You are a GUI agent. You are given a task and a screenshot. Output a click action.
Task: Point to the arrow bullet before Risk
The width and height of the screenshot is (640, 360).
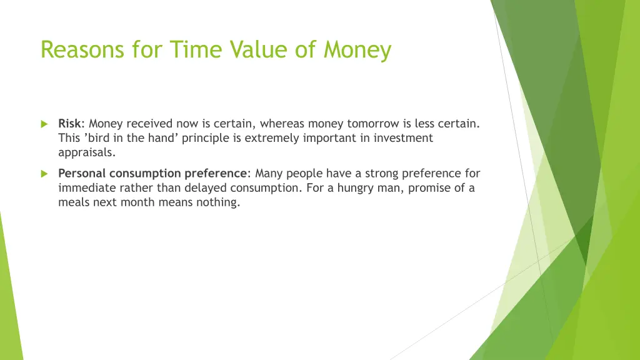[x=44, y=124]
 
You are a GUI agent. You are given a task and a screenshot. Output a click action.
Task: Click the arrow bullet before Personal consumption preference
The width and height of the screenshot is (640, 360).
[x=44, y=174]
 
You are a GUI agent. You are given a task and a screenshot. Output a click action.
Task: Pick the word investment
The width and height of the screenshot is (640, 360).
[x=403, y=138]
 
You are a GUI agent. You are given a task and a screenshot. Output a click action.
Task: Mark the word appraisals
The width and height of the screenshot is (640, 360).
[x=87, y=152]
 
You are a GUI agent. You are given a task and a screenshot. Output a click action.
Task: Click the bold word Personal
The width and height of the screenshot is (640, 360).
[x=82, y=174]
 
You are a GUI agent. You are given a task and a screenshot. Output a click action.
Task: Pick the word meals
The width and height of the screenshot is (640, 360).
[x=73, y=202]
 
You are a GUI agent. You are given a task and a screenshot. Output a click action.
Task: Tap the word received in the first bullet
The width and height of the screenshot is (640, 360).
[x=150, y=124]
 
